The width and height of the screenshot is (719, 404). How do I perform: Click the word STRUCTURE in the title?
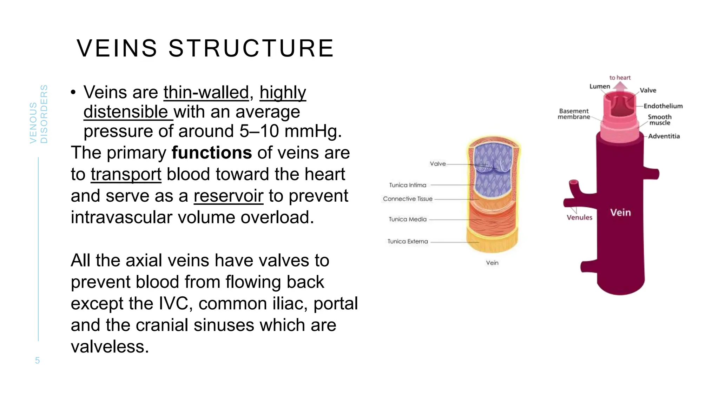tap(251, 48)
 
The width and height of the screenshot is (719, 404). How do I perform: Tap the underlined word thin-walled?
tap(206, 93)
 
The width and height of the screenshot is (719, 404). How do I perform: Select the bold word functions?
tap(212, 153)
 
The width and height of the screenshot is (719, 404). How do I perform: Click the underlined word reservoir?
tap(228, 196)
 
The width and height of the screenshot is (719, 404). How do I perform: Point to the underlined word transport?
tap(126, 175)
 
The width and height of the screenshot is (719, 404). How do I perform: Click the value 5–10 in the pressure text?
tap(259, 132)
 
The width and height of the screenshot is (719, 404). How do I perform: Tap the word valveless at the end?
tap(110, 347)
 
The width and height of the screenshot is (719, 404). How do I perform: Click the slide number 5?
tap(38, 361)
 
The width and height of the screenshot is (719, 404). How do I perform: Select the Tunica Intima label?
tap(408, 185)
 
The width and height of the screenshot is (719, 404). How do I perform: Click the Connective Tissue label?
tap(408, 199)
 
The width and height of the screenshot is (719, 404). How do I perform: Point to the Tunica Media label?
tap(408, 220)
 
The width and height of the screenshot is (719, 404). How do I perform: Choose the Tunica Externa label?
tap(408, 242)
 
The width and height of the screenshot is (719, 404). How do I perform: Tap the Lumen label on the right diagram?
tap(600, 86)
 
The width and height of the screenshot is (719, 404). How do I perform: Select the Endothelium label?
tap(663, 106)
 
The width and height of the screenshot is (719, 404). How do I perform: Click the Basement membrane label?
tap(574, 114)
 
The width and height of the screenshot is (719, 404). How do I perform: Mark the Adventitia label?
tap(664, 136)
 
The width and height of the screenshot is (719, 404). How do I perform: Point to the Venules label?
tap(579, 217)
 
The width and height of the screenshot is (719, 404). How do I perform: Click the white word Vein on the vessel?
tap(620, 213)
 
